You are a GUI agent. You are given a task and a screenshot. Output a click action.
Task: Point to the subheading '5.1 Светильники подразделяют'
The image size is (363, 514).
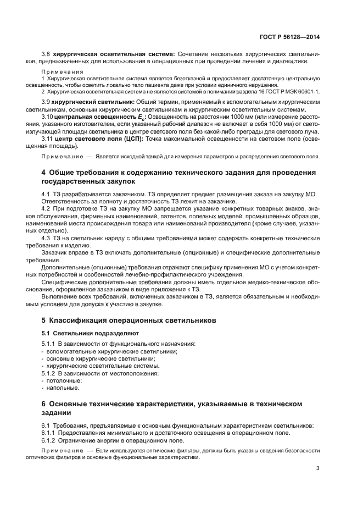coord(83,333)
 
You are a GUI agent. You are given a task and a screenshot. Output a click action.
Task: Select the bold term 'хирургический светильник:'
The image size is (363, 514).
coord(93,102)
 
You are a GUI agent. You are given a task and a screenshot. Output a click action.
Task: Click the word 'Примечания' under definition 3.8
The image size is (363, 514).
coord(62,71)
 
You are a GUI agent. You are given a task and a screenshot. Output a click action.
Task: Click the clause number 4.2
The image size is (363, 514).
coord(47,208)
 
